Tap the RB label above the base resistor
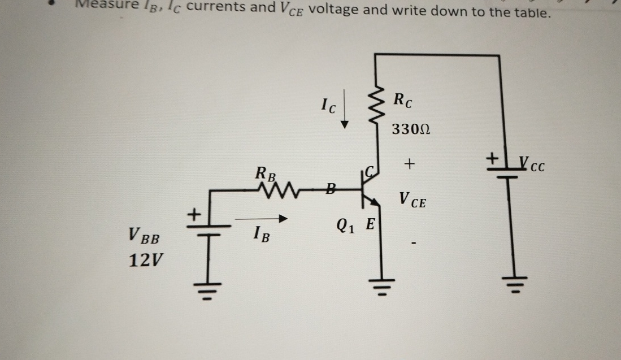click(266, 173)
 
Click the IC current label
click(328, 105)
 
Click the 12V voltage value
click(144, 261)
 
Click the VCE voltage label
click(412, 199)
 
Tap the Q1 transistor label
click(345, 226)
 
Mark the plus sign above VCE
click(410, 164)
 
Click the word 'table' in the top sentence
click(531, 12)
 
